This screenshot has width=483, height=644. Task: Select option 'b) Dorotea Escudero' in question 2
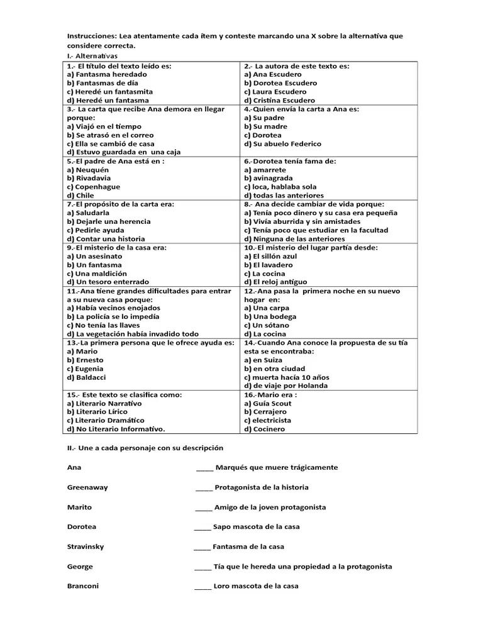tap(280, 83)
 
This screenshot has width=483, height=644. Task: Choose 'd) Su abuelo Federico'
tap(282, 144)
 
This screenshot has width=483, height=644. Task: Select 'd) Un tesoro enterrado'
tap(108, 282)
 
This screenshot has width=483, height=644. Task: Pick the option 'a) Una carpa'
tap(267, 308)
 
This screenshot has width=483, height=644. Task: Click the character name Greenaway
tap(87, 487)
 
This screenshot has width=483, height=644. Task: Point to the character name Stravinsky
tap(86, 547)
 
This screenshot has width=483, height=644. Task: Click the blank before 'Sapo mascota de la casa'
tap(203, 527)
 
